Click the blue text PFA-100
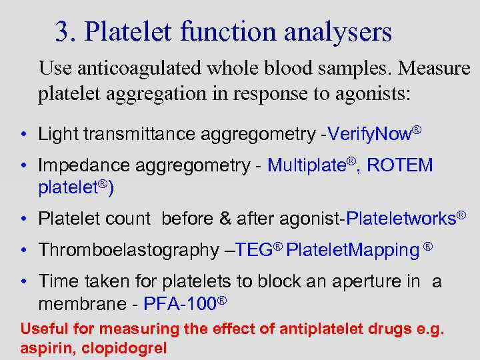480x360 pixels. click(179, 305)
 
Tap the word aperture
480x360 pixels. click(349, 282)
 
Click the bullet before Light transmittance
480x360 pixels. click(23, 135)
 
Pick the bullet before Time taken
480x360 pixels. click(23, 282)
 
